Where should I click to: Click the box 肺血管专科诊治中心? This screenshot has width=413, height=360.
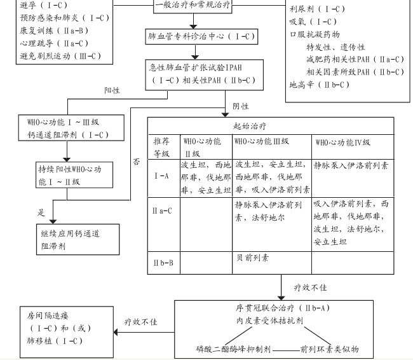[201, 37]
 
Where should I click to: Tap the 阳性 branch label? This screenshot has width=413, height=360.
[113, 90]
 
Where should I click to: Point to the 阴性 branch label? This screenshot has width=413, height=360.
[240, 106]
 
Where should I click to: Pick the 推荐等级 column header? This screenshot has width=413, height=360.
[162, 147]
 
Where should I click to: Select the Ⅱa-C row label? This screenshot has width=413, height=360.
[163, 209]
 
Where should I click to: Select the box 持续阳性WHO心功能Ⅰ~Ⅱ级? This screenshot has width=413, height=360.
[69, 176]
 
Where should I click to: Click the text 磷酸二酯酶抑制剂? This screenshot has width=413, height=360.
[234, 349]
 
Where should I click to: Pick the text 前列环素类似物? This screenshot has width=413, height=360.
[330, 349]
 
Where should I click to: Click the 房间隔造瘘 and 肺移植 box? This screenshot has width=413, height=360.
[59, 328]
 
